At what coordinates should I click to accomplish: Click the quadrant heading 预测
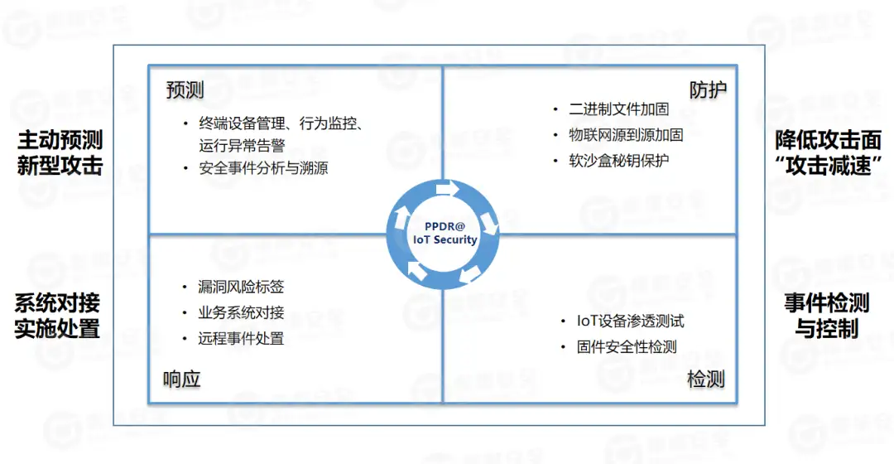[x=185, y=90]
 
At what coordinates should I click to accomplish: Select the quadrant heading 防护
[x=708, y=90]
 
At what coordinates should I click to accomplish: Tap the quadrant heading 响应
[x=182, y=379]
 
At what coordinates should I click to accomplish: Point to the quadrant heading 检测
[x=705, y=379]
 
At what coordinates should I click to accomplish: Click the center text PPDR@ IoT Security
[x=445, y=233]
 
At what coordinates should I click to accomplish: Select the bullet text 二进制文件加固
[x=619, y=109]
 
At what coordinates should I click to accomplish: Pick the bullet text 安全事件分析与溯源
[x=263, y=168]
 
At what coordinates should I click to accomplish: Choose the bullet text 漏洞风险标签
[x=242, y=287]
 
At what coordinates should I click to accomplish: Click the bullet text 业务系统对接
[x=242, y=312]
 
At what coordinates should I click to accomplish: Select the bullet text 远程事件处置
[x=242, y=338]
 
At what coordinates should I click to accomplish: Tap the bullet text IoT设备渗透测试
[x=631, y=321]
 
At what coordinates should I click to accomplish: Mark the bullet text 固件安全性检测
[x=627, y=347]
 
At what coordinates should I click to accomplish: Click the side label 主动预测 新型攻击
[x=60, y=152]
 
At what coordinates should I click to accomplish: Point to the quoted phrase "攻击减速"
[x=828, y=165]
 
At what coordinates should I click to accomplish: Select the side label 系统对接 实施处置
[x=57, y=316]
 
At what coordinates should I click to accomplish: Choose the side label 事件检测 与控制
[x=827, y=316]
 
